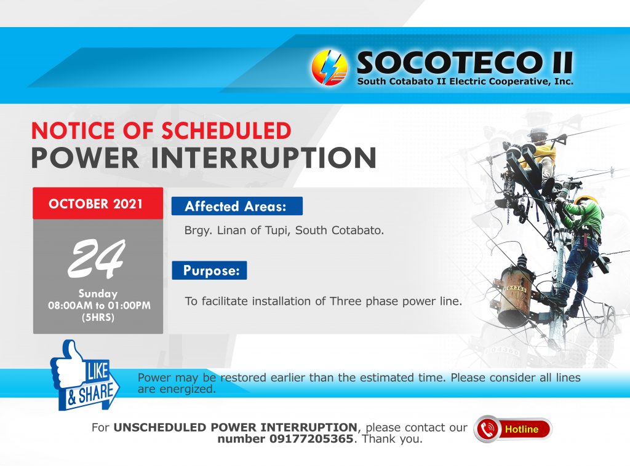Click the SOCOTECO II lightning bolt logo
330,68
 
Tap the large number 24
97,258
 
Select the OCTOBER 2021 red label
98,203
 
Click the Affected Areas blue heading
237,206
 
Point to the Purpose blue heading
209,270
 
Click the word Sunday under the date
98,293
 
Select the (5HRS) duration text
98,317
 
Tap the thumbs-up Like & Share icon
84,376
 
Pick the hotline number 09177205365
311,439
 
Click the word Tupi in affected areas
277,231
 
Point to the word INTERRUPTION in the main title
263,158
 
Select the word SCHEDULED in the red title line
226,130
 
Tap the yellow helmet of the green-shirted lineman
584,200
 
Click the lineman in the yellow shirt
540,157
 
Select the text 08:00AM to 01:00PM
99,306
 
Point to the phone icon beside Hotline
487,429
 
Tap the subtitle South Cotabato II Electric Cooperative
465,81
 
